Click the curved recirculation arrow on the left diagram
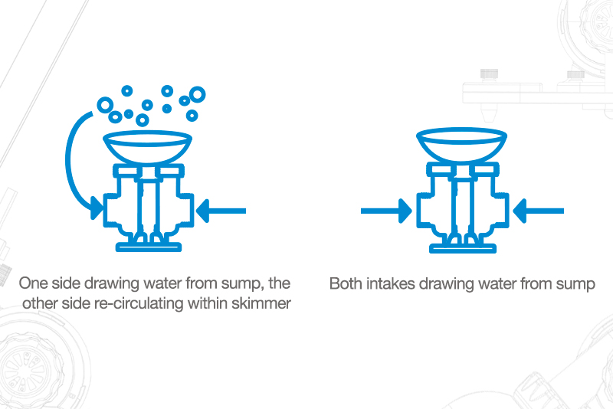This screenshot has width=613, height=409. click(67, 164)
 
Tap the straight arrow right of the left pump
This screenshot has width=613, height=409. click(221, 211)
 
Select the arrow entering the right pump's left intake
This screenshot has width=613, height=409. click(386, 211)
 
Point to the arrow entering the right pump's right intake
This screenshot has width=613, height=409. click(538, 211)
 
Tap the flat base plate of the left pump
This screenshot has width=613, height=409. click(149, 247)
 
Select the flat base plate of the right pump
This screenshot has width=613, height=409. click(463, 248)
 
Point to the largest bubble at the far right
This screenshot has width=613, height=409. click(198, 94)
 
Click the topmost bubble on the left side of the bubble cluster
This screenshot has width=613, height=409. click(127, 91)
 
